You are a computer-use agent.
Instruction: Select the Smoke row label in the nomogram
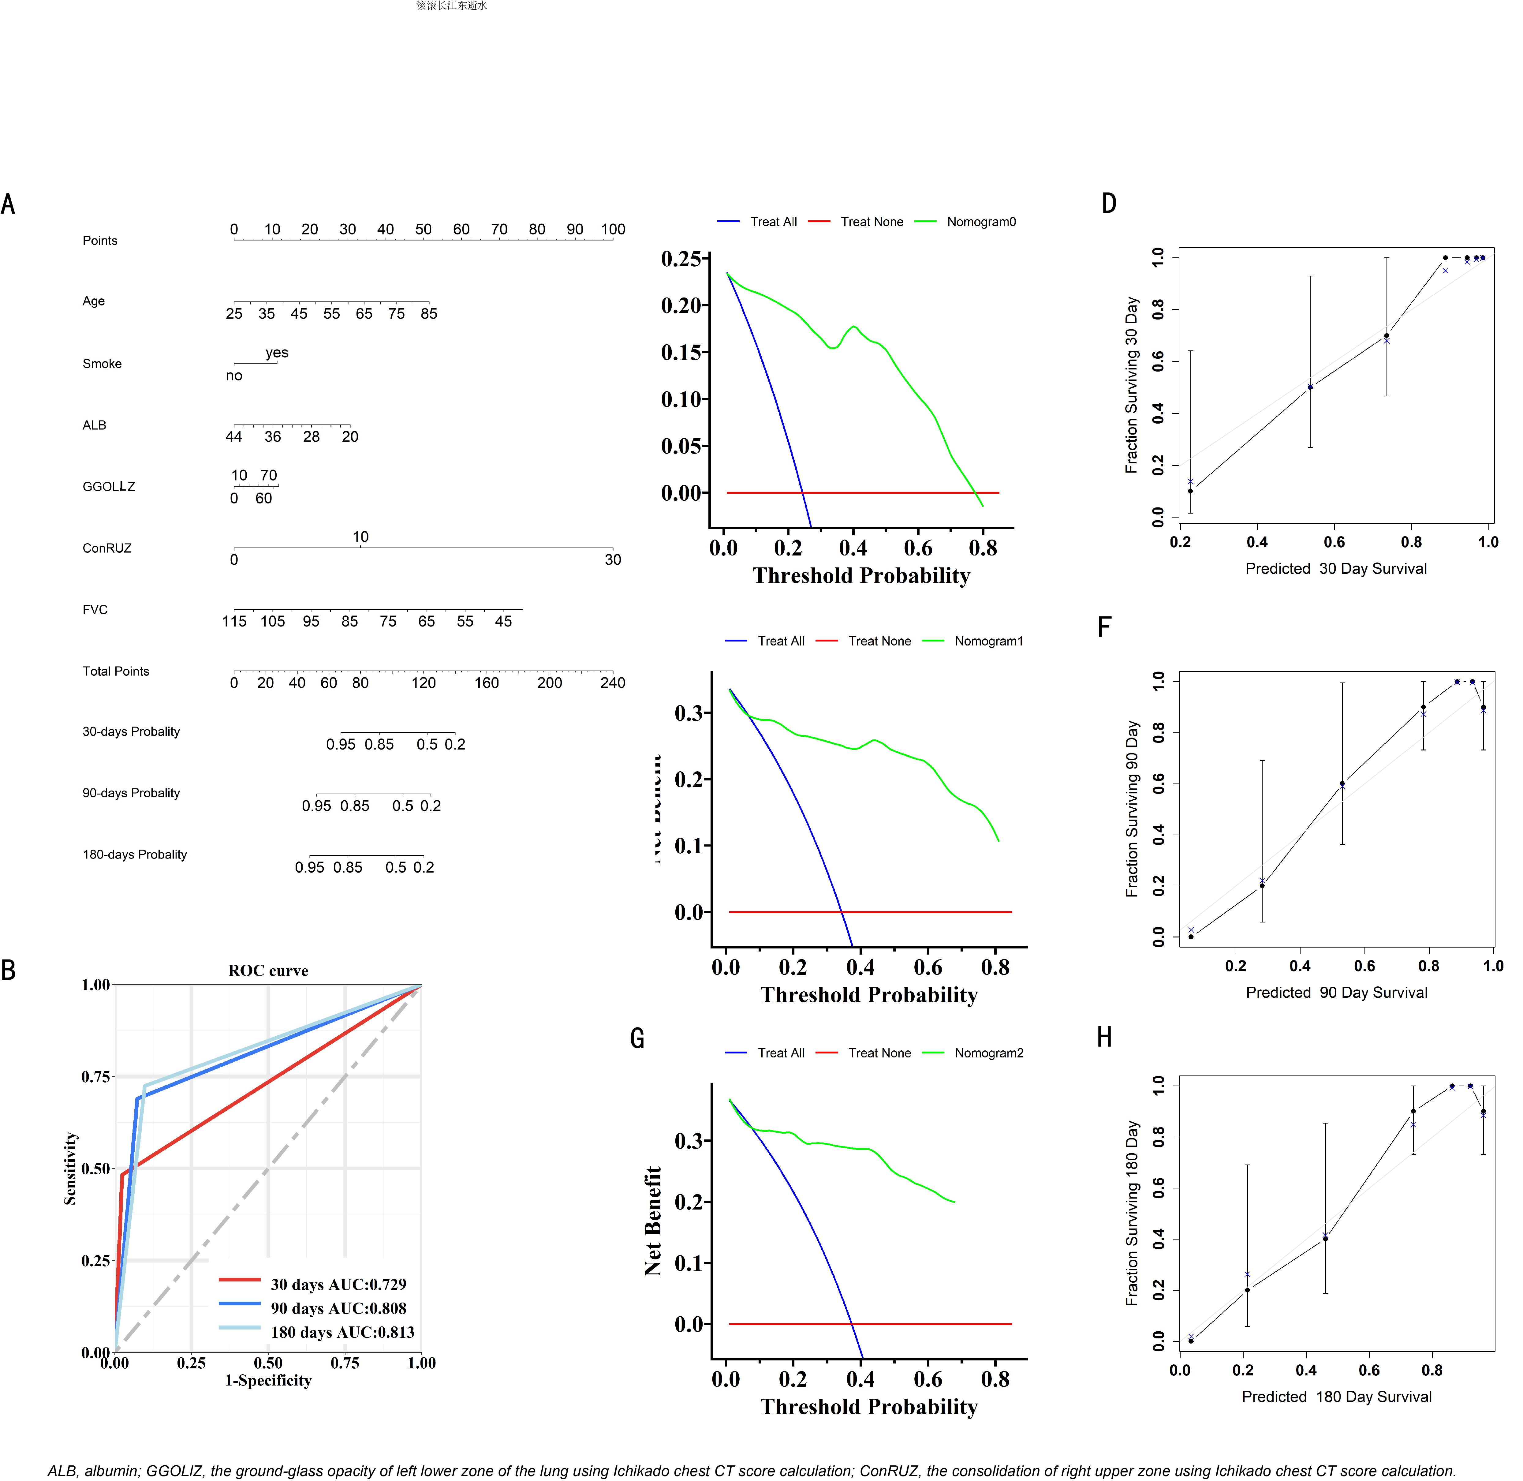pos(102,364)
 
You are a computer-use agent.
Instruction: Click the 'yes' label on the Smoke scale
pos(277,352)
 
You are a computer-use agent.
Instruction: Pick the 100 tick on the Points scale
pos(613,230)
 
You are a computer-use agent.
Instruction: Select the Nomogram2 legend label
pos(989,1053)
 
